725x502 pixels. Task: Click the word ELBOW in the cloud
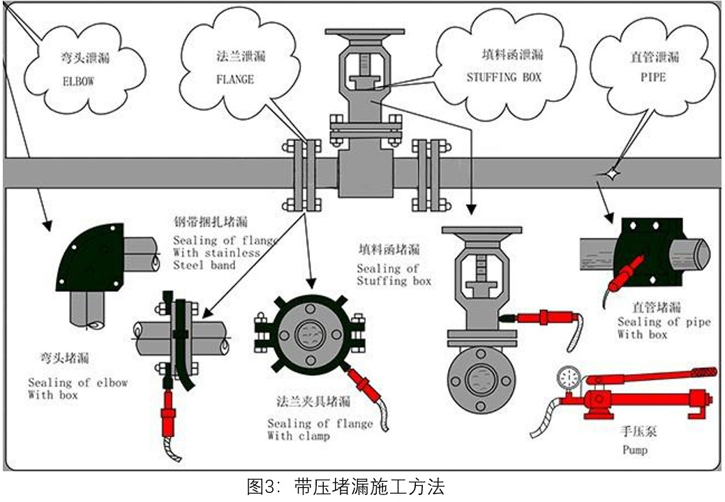click(77, 81)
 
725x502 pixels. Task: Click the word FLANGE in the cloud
click(235, 80)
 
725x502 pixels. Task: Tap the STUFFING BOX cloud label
click(504, 77)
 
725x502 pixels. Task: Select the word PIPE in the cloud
click(652, 77)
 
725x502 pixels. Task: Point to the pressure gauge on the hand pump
click(568, 378)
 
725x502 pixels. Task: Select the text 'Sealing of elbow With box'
click(77, 388)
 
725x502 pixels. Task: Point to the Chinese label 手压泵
click(638, 431)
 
